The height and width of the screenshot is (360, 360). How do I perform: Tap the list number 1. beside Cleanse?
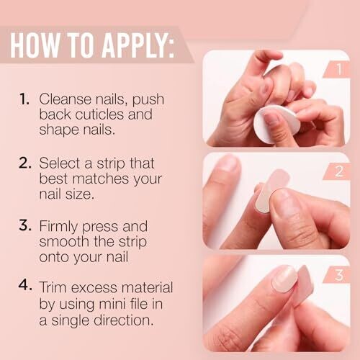[24, 99]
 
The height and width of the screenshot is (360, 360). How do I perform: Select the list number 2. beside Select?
[25, 163]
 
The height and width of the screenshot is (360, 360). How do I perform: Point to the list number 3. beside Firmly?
[25, 225]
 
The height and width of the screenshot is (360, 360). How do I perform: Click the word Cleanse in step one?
[66, 99]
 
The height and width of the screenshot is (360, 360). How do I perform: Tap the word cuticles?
[99, 114]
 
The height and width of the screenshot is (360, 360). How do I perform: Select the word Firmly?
[58, 227]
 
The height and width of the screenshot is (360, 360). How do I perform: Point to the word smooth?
[63, 241]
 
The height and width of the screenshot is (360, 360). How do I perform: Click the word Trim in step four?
[53, 287]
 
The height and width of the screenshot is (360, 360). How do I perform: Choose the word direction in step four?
[124, 320]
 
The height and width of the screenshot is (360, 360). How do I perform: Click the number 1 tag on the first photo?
[339, 69]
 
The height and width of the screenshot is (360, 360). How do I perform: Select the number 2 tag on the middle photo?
[339, 171]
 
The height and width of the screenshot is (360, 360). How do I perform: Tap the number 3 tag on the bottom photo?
[339, 275]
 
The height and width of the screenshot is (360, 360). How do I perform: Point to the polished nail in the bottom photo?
[285, 279]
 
